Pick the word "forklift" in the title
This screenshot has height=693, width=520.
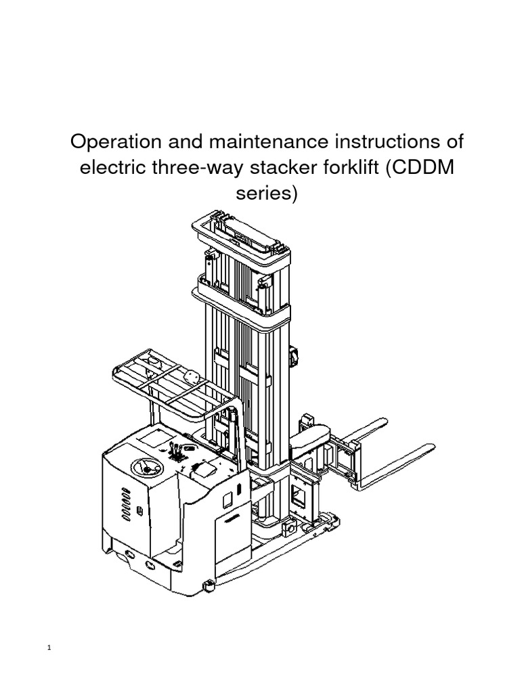point(341,169)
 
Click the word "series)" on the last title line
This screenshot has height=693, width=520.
point(266,194)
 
